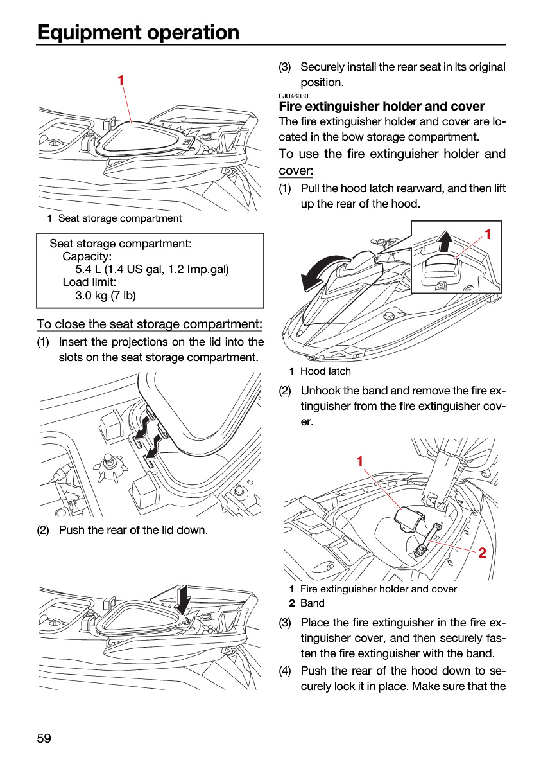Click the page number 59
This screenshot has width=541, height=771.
pyautogui.click(x=44, y=738)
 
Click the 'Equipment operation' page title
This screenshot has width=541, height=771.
pyautogui.click(x=138, y=32)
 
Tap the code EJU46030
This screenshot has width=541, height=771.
pyautogui.click(x=293, y=96)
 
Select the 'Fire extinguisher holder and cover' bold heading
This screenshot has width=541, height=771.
pyautogui.click(x=381, y=106)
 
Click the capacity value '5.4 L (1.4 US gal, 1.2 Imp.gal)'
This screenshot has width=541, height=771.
pyautogui.click(x=152, y=269)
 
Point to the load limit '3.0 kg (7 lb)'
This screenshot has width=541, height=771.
pyautogui.click(x=105, y=296)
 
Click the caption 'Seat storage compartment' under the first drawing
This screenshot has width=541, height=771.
pyautogui.click(x=120, y=218)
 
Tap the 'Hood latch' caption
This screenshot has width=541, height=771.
pyautogui.click(x=325, y=371)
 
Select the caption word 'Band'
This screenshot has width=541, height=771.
pyautogui.click(x=312, y=603)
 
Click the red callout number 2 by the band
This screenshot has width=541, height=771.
pyautogui.click(x=482, y=553)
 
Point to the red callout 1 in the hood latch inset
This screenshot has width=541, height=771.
pyautogui.click(x=487, y=234)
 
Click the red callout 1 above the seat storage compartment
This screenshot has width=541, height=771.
pyautogui.click(x=121, y=80)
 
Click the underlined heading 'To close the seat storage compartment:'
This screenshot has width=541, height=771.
pyautogui.click(x=150, y=324)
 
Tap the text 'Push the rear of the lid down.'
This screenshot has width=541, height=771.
pyautogui.click(x=133, y=530)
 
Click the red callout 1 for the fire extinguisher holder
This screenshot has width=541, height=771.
pyautogui.click(x=360, y=461)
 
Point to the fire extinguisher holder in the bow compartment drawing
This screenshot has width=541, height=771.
pyautogui.click(x=409, y=518)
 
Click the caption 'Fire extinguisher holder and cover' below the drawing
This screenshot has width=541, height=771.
pyautogui.click(x=379, y=589)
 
